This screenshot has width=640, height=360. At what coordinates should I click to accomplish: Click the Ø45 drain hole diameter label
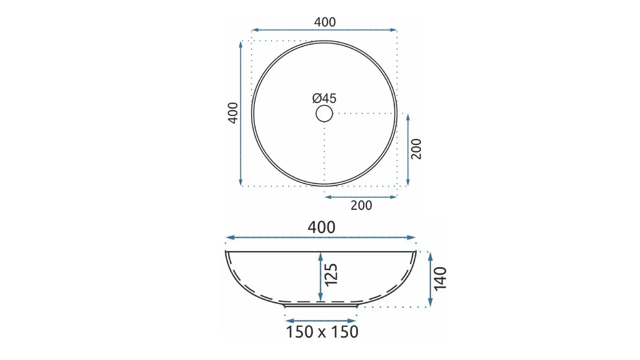(324, 98)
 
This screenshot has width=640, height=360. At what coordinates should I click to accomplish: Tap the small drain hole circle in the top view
(324, 105)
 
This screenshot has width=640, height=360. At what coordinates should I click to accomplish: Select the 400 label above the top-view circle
(325, 22)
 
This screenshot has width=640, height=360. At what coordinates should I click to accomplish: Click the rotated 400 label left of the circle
(233, 113)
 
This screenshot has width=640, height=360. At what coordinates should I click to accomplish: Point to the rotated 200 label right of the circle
(416, 149)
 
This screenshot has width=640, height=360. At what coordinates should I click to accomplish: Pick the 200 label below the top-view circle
(361, 205)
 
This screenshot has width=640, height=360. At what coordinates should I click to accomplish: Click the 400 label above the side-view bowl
(321, 227)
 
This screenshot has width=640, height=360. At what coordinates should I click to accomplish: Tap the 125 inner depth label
(331, 274)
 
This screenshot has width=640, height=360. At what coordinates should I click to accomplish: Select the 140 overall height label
(440, 279)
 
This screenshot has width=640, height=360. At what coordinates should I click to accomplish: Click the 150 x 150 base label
(322, 332)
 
